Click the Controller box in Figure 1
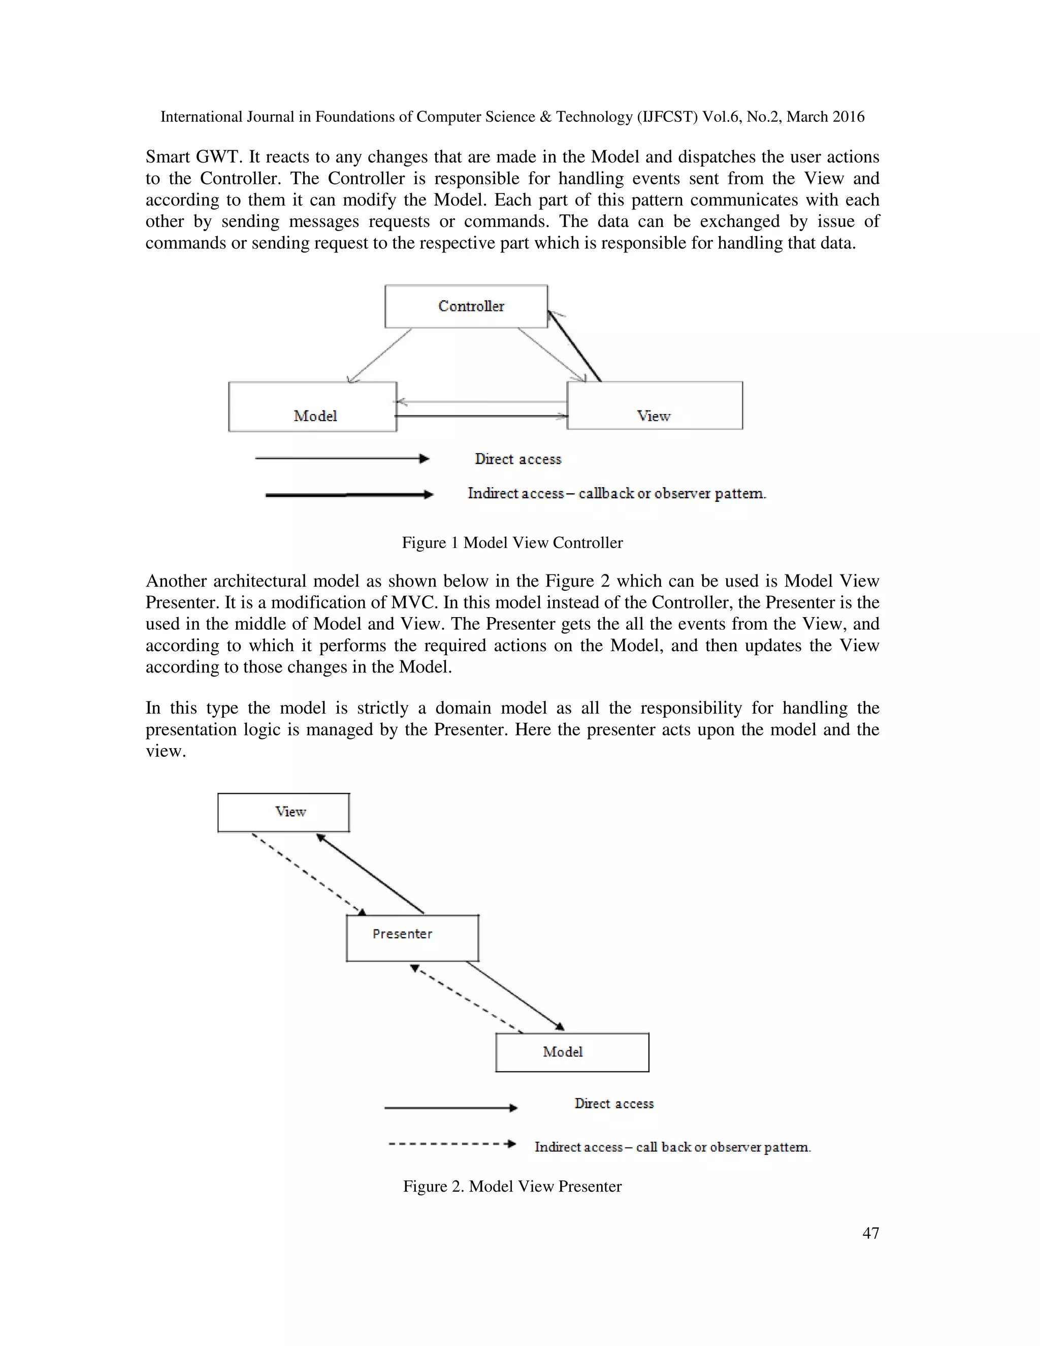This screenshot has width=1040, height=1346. (466, 306)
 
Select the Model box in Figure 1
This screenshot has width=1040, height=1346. (312, 407)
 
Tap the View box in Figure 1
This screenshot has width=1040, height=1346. (654, 405)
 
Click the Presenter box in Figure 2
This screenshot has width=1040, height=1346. (412, 938)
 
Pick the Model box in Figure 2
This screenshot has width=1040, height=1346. (572, 1052)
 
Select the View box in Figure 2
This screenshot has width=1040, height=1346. (283, 812)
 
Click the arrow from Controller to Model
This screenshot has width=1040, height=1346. (379, 356)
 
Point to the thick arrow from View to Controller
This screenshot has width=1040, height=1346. (574, 346)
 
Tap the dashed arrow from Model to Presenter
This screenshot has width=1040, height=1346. (466, 999)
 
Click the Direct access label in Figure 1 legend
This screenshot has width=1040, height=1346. (517, 459)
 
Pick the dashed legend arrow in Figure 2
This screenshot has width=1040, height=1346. (451, 1144)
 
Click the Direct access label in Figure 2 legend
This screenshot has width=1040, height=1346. (613, 1103)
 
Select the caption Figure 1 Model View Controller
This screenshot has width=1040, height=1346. (512, 542)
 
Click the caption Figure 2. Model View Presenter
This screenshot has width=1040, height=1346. (512, 1187)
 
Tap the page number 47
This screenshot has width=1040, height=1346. (870, 1233)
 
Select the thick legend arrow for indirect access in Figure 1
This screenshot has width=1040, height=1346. (349, 494)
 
